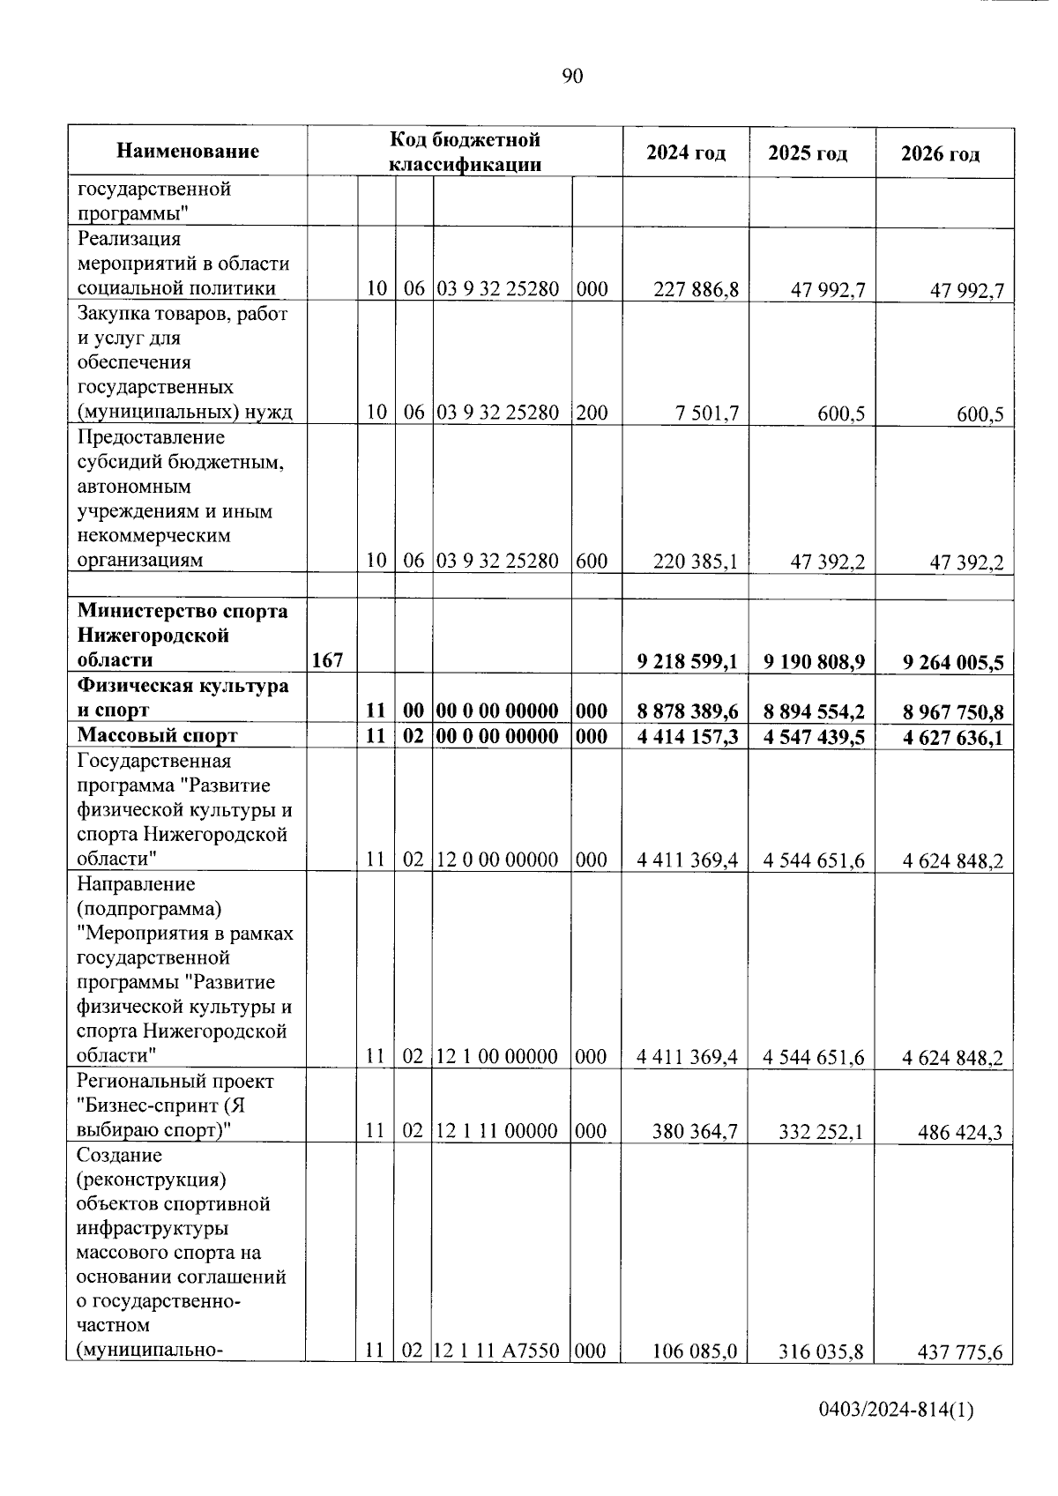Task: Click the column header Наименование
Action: [188, 152]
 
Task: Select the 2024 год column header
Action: [686, 153]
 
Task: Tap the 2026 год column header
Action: [940, 154]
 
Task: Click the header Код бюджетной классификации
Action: [465, 152]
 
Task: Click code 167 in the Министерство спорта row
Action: [327, 660]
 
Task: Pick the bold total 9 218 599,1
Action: [688, 661]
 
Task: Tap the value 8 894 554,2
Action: [815, 711]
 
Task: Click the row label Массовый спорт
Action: [157, 735]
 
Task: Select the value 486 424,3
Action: [959, 1132]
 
